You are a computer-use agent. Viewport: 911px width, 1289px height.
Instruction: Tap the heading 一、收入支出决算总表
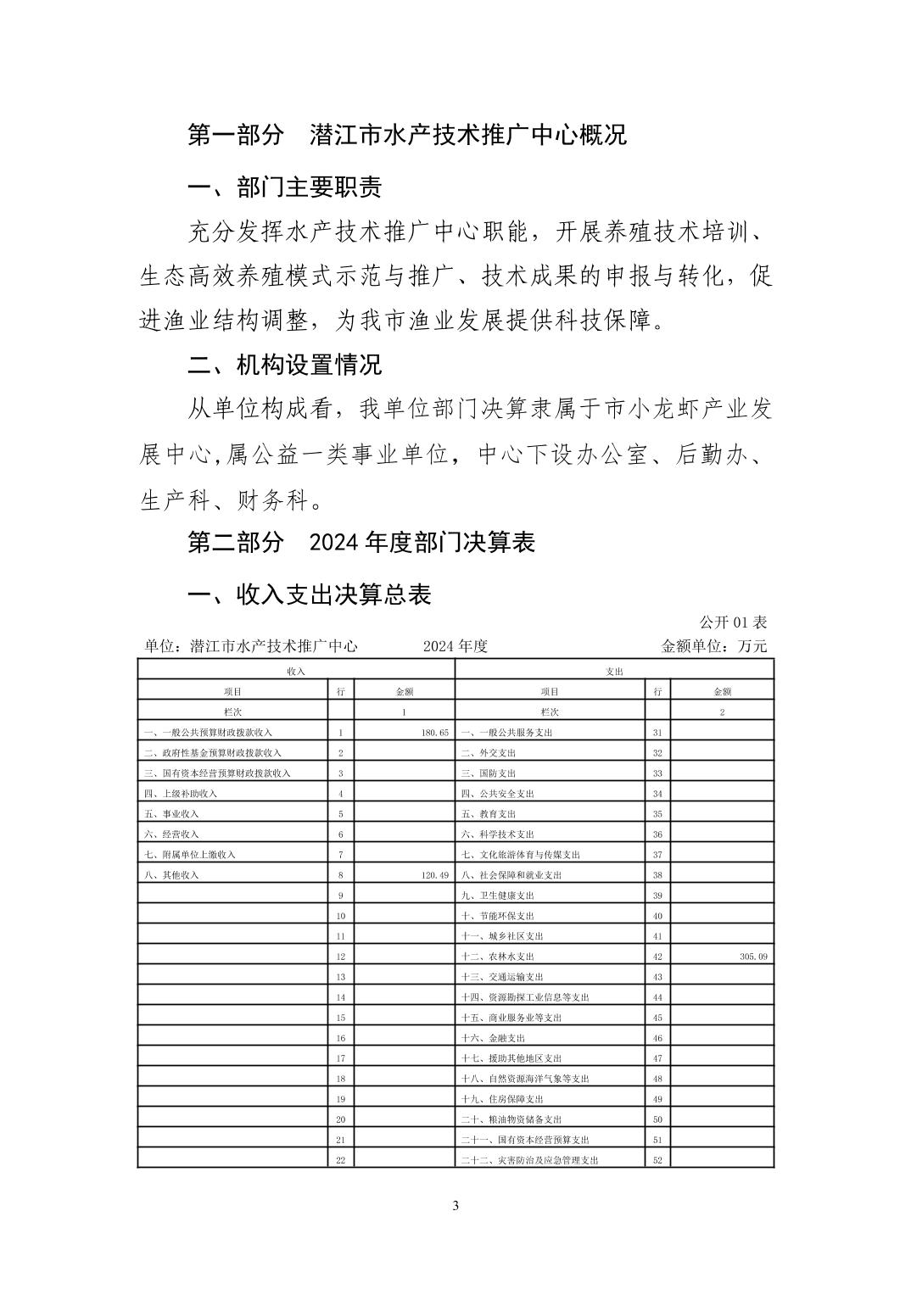tap(310, 594)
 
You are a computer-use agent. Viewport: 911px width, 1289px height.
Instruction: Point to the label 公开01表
tap(733, 622)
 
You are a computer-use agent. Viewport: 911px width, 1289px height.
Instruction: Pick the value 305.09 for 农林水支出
tap(753, 956)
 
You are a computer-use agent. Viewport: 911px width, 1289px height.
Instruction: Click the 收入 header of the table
tap(296, 671)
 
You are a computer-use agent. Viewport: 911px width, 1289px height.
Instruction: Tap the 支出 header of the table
tap(614, 671)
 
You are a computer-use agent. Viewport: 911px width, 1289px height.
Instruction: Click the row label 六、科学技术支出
tap(497, 834)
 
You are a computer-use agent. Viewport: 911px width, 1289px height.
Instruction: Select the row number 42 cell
tap(657, 956)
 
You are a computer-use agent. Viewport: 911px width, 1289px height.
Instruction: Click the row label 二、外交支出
tap(488, 752)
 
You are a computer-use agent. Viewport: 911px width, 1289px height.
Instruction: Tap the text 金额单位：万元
tap(713, 646)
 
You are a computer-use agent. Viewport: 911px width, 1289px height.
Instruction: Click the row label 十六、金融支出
tap(493, 1037)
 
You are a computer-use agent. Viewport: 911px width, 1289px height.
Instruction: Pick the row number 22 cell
tap(340, 1159)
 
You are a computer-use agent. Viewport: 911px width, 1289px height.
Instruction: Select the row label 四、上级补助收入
tap(181, 793)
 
